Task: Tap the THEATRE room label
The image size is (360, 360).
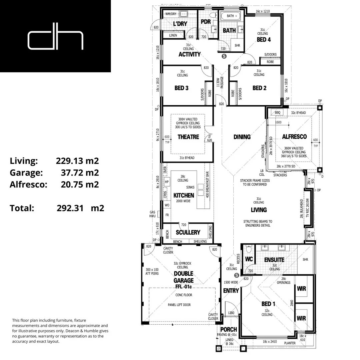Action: [188, 137]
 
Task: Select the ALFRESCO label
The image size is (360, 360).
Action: [294, 137]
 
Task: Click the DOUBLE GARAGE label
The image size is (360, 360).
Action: [183, 277]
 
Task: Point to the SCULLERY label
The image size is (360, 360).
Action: [188, 232]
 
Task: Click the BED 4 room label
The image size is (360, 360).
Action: [263, 40]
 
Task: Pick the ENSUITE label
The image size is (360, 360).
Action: [274, 260]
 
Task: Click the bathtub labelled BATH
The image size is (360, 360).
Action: [230, 16]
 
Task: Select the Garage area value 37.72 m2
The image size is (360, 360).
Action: [80, 173]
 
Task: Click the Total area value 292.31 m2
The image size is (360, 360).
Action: [80, 208]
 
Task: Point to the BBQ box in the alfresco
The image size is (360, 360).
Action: [278, 113]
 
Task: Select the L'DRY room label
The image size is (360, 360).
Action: [180, 24]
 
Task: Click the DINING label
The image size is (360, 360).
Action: [242, 137]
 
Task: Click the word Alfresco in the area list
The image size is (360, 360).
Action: [28, 184]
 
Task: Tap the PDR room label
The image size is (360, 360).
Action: [205, 22]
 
